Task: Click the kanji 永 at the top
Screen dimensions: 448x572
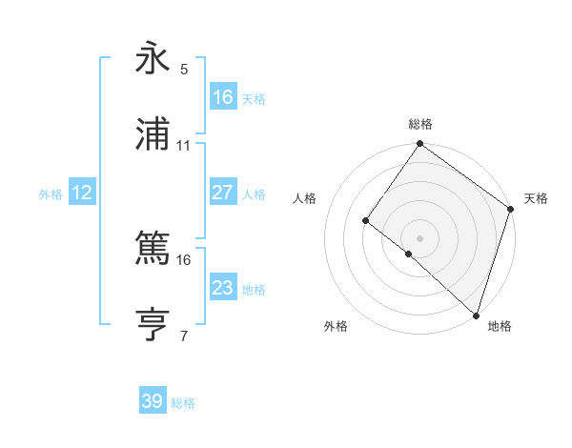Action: click(x=153, y=58)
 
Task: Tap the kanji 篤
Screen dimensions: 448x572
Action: click(x=153, y=249)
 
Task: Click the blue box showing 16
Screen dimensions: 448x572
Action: click(x=223, y=97)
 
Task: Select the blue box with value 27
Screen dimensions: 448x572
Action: click(x=223, y=193)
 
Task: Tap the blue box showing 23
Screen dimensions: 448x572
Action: click(x=223, y=288)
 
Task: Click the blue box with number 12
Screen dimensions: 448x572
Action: click(x=82, y=193)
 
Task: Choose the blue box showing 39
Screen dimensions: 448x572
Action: click(x=153, y=401)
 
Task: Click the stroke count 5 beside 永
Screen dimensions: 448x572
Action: click(x=184, y=69)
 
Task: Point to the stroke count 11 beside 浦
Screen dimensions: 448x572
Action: click(x=184, y=145)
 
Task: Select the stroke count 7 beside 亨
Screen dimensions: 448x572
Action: click(x=184, y=336)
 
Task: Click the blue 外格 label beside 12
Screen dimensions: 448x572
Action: click(x=51, y=193)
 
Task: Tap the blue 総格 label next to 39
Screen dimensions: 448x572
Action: click(x=183, y=403)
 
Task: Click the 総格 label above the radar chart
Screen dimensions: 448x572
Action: click(x=420, y=124)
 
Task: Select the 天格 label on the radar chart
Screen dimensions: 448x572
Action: click(x=536, y=198)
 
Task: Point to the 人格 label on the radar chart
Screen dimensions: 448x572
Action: click(x=305, y=198)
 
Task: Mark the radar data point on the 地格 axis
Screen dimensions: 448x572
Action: click(x=475, y=315)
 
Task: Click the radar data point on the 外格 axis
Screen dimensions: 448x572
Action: click(x=409, y=254)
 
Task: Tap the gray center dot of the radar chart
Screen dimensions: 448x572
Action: click(x=420, y=237)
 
